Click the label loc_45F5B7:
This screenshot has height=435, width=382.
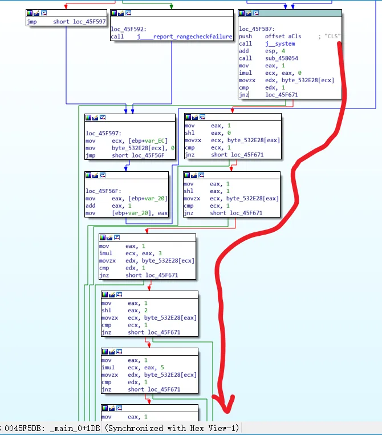tap(257, 29)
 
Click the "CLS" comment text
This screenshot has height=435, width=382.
tap(332, 37)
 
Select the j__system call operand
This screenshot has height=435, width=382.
tap(280, 43)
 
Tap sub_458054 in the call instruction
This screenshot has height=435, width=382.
tap(282, 58)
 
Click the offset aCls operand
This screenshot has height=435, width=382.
tap(283, 37)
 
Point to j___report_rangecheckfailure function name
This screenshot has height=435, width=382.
tap(185, 37)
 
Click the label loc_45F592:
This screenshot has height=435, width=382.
tap(128, 29)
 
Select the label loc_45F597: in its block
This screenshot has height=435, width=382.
tap(103, 134)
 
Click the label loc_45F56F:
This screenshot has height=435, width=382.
tap(103, 191)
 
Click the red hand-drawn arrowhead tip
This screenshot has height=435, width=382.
tap(227, 413)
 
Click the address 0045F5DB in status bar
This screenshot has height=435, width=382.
tap(25, 428)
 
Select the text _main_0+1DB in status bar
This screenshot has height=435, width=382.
tap(75, 428)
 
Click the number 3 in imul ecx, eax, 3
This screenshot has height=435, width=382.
tap(160, 253)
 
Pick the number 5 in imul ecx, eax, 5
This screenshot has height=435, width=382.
tap(162, 368)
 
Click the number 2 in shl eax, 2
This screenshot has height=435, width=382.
tap(146, 311)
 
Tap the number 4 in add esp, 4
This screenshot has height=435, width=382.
tap(283, 51)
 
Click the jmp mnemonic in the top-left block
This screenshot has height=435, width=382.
tap(32, 22)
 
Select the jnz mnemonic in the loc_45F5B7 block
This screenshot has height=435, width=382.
tap(244, 95)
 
